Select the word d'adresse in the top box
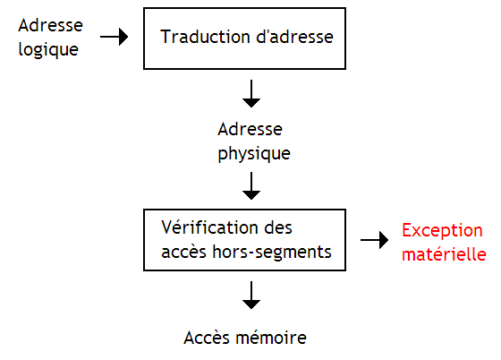click(289, 38)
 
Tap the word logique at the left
click(48, 48)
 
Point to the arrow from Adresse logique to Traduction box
click(114, 38)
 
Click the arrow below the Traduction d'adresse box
click(252, 92)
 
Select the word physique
click(254, 153)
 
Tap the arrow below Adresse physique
click(252, 185)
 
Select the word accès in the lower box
click(183, 253)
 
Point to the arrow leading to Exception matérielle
click(375, 240)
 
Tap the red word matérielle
click(443, 253)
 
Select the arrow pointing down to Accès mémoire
click(252, 295)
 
